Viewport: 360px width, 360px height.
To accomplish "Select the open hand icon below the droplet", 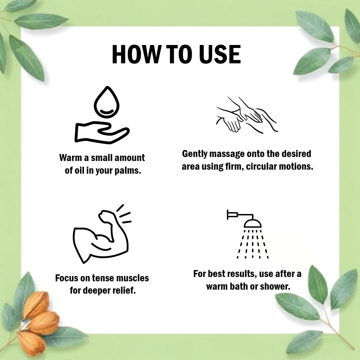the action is (x=102, y=132).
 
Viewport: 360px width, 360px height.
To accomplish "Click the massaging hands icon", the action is (x=247, y=115).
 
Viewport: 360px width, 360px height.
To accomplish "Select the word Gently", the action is (x=195, y=154).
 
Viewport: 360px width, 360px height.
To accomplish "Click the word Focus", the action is (x=66, y=278).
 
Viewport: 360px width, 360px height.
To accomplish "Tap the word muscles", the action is (x=133, y=278).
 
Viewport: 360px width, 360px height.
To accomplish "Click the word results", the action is (x=243, y=274).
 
